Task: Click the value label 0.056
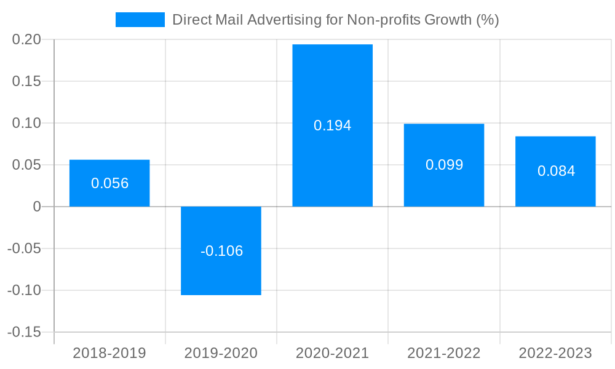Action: [x=109, y=183]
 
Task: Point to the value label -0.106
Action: [x=221, y=251]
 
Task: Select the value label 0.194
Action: [x=332, y=125]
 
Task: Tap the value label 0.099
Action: [x=444, y=165]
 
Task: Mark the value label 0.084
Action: [x=556, y=171]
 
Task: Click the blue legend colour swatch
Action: [x=140, y=20]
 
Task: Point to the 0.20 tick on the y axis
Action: [x=26, y=39]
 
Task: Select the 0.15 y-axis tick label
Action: [x=26, y=81]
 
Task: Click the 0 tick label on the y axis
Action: [x=37, y=207]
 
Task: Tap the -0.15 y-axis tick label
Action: [x=24, y=332]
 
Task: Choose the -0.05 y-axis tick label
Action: [x=24, y=248]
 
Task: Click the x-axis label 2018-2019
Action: [x=109, y=353]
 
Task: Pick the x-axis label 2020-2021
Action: [x=332, y=353]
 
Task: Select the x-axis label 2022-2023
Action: [x=555, y=353]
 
